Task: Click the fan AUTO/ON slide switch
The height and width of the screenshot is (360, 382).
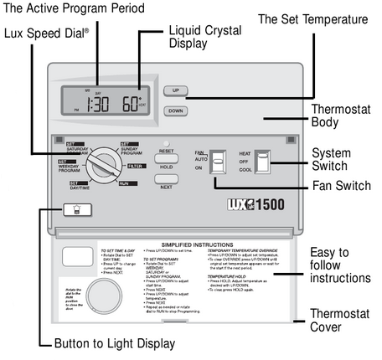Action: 219,160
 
